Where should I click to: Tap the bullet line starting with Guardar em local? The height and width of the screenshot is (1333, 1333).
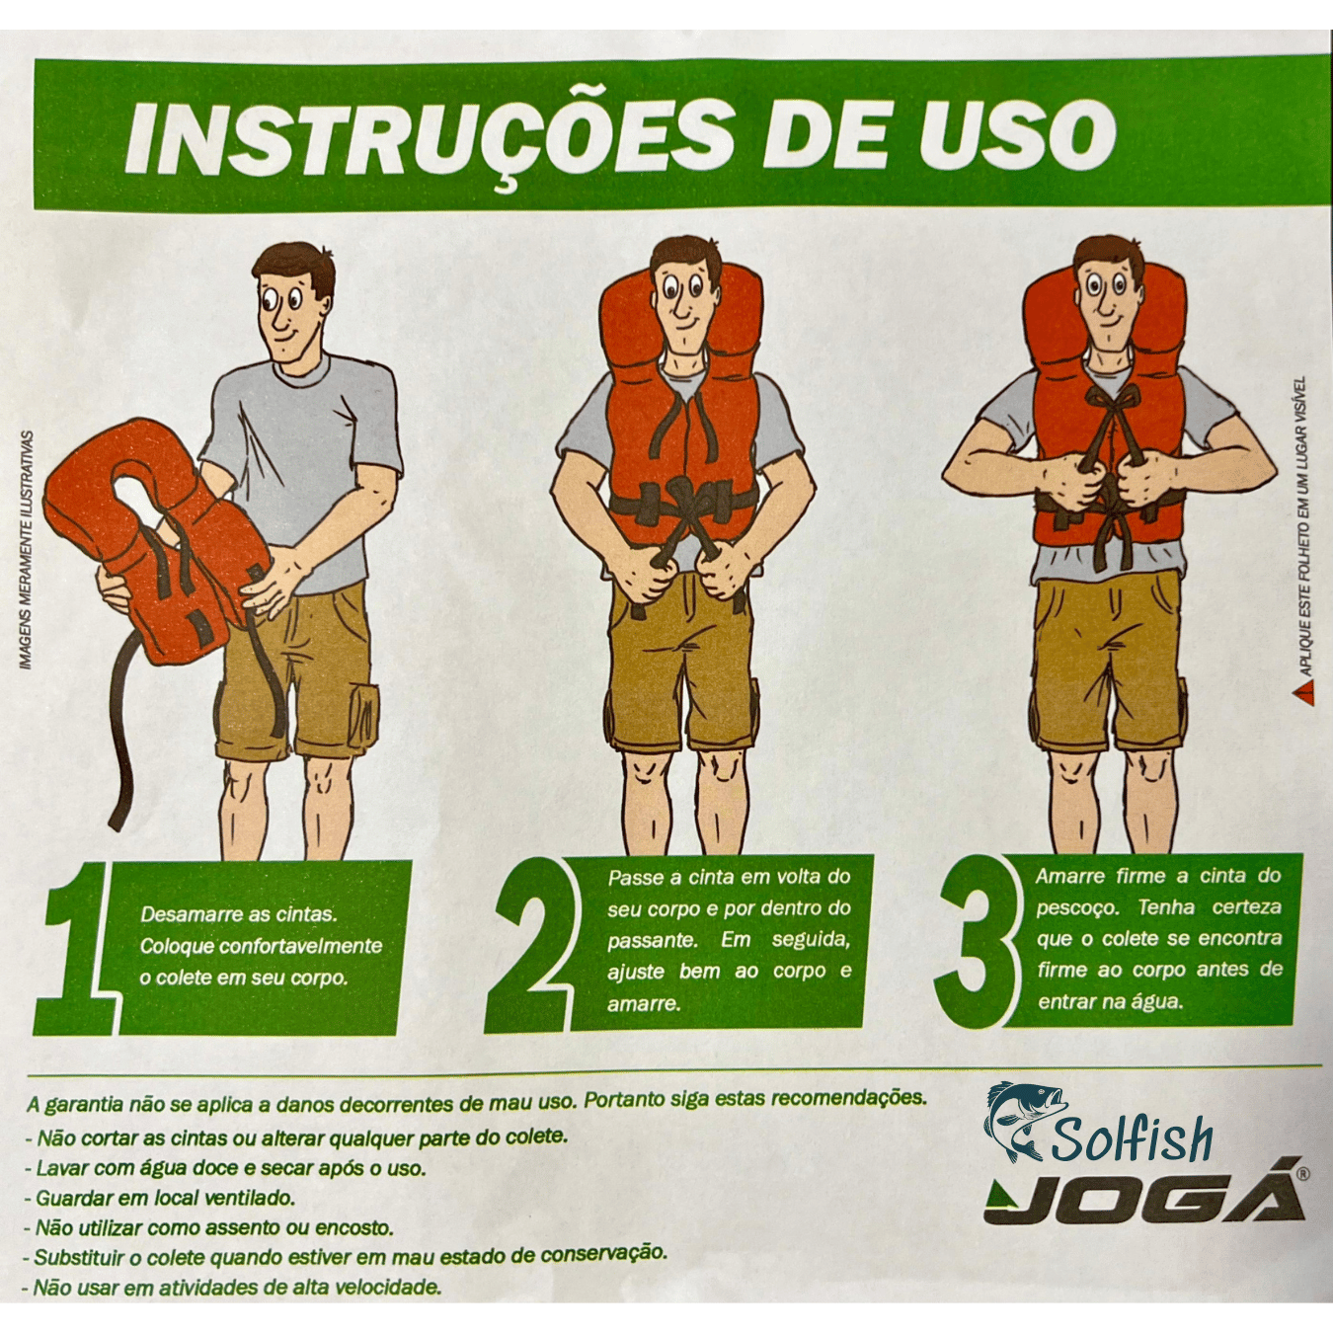pos(163,1198)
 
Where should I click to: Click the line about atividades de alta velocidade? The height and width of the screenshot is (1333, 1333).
pos(237,1288)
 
